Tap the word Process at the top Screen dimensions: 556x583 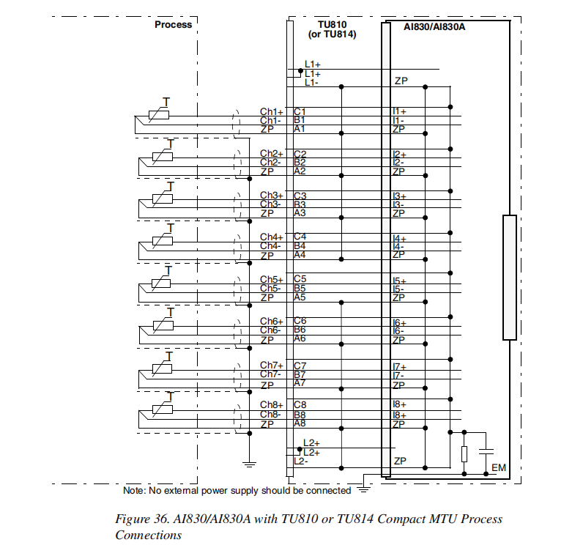173,24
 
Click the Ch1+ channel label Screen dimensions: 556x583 271,111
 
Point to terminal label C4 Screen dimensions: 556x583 300,237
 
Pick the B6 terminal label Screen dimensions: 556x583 300,330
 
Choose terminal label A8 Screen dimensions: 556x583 300,423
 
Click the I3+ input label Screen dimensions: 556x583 399,196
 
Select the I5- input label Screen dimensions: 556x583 398,289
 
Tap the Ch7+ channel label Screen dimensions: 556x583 271,365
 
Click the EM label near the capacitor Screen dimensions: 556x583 499,467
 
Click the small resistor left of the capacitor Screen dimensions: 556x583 464,453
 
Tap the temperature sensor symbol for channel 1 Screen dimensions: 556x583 158,114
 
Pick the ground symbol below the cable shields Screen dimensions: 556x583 250,462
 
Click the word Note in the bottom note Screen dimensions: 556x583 134,489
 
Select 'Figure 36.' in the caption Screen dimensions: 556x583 141,519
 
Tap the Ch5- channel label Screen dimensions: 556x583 270,288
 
